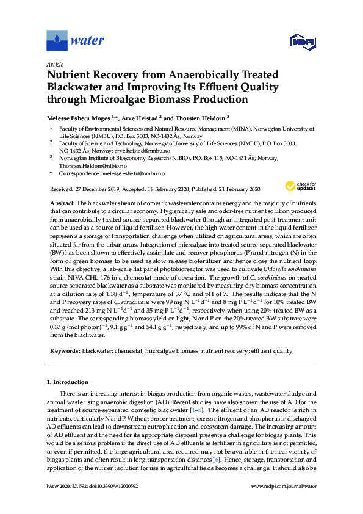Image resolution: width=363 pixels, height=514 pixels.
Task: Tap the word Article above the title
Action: [x=55, y=64]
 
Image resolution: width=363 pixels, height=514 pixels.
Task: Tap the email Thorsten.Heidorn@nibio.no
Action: [x=93, y=166]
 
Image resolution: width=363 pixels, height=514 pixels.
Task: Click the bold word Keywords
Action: [x=63, y=351]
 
